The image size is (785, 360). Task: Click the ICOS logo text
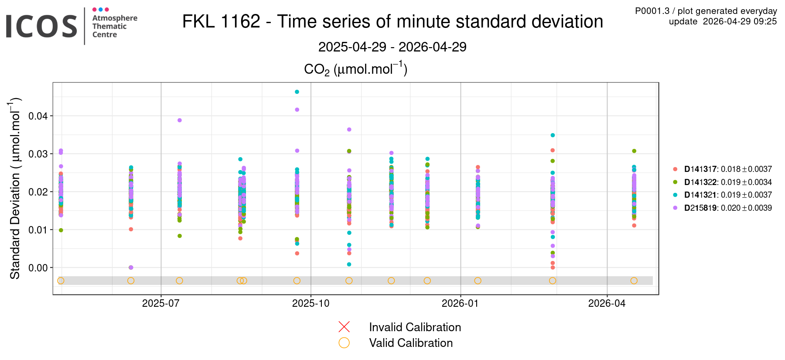(x=41, y=26)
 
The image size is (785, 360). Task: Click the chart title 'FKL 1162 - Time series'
(x=392, y=22)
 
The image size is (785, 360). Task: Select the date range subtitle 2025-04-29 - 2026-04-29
(x=392, y=47)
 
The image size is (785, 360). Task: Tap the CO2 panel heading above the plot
(x=355, y=69)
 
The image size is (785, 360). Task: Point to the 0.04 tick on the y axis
(x=38, y=116)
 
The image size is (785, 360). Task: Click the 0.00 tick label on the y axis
(x=38, y=268)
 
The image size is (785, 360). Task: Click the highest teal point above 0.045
(x=297, y=92)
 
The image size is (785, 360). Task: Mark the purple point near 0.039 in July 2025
(x=180, y=120)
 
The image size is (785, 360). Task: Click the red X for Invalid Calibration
(x=344, y=327)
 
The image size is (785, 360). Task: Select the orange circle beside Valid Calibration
(x=344, y=343)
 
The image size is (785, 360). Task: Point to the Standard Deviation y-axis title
(x=15, y=188)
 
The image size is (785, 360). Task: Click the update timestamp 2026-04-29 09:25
(x=723, y=21)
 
